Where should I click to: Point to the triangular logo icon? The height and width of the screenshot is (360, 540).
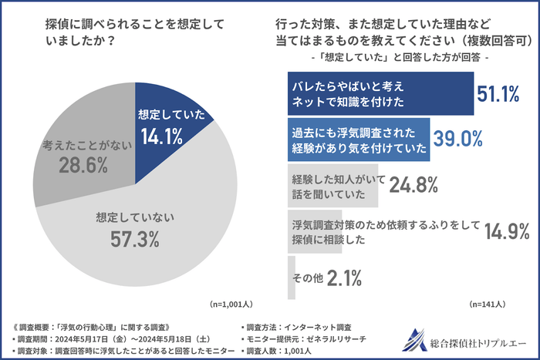(x=417, y=339)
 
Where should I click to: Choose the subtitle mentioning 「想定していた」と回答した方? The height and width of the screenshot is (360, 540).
(x=398, y=56)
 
